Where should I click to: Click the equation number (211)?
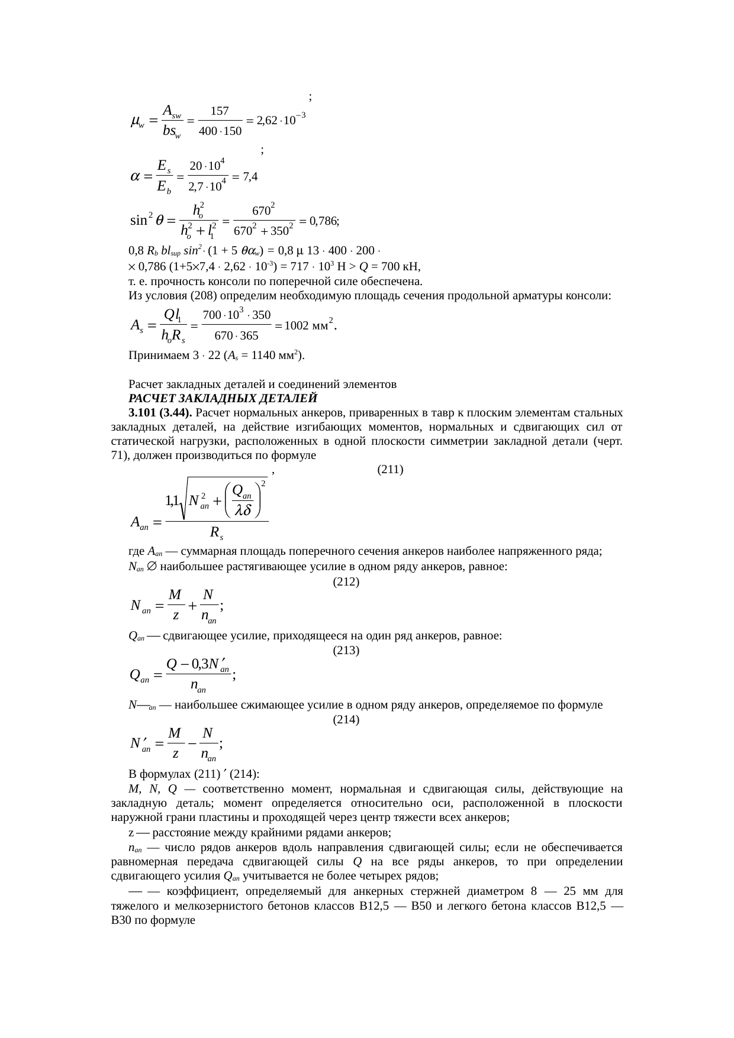390,470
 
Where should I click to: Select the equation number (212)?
346,582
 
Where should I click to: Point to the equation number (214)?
346,720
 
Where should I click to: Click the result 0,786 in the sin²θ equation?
322,221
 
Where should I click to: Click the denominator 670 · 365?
236,336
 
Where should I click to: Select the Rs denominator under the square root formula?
217,532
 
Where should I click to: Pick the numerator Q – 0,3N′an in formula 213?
198,665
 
